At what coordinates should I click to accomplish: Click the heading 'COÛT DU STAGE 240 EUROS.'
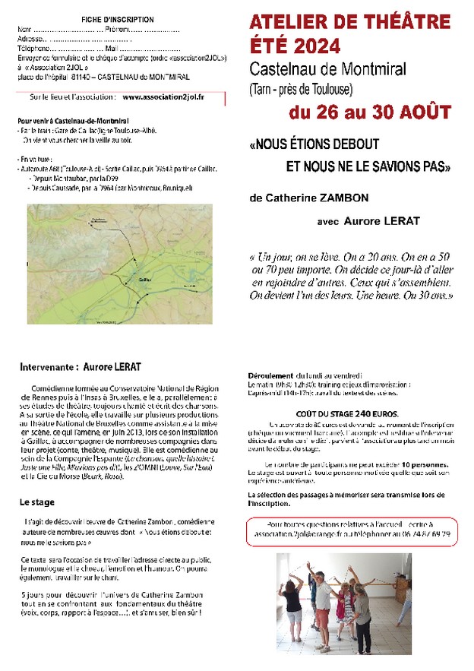(351, 413)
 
